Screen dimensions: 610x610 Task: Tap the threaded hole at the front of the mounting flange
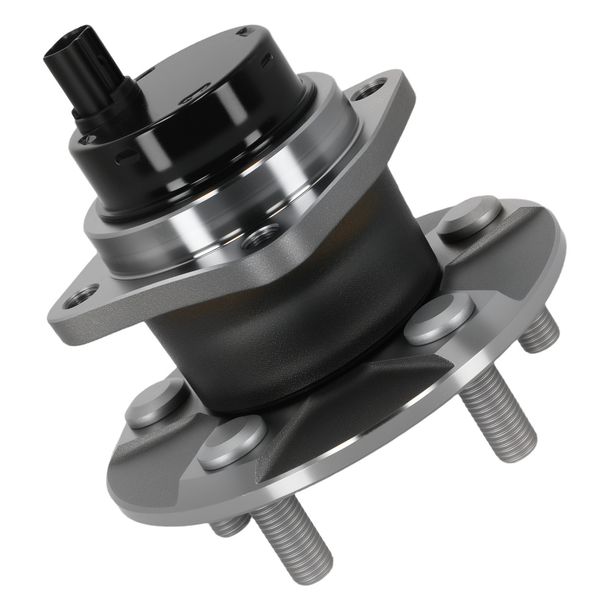260,237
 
